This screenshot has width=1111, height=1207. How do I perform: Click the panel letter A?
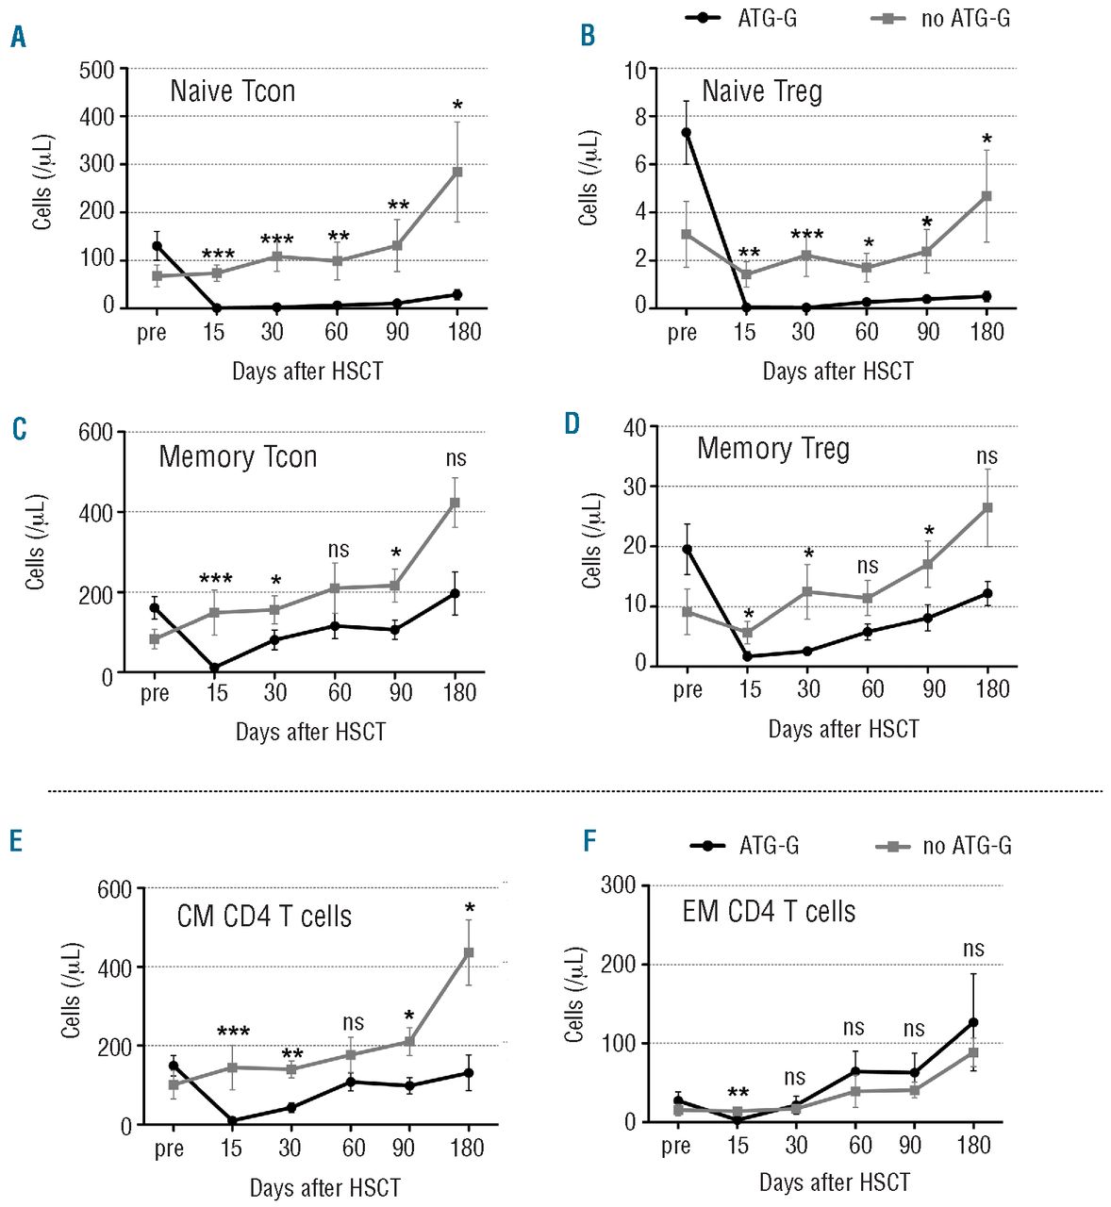tap(18, 38)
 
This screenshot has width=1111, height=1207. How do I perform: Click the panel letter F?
tap(589, 840)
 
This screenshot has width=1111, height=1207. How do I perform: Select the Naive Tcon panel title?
tap(232, 91)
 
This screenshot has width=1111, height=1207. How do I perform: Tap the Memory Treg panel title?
tap(772, 449)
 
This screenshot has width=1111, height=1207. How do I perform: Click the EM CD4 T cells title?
tap(769, 912)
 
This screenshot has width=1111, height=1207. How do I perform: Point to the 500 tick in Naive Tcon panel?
tap(97, 70)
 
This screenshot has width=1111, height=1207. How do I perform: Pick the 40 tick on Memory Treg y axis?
tap(634, 428)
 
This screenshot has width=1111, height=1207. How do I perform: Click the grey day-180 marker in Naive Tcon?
tap(457, 172)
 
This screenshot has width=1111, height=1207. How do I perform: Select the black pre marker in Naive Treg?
tap(686, 133)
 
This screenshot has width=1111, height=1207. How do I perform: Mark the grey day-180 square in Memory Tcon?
tap(455, 503)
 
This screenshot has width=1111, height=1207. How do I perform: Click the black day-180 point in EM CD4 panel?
tap(973, 1022)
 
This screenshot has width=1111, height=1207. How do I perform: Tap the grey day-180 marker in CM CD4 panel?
tap(469, 952)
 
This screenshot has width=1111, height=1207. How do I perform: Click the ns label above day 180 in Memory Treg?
tap(987, 456)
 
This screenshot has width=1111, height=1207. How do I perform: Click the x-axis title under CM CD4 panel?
tap(324, 1188)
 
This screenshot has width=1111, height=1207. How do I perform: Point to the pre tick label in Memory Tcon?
tap(155, 694)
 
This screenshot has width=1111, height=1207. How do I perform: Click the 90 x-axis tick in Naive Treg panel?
tap(928, 332)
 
